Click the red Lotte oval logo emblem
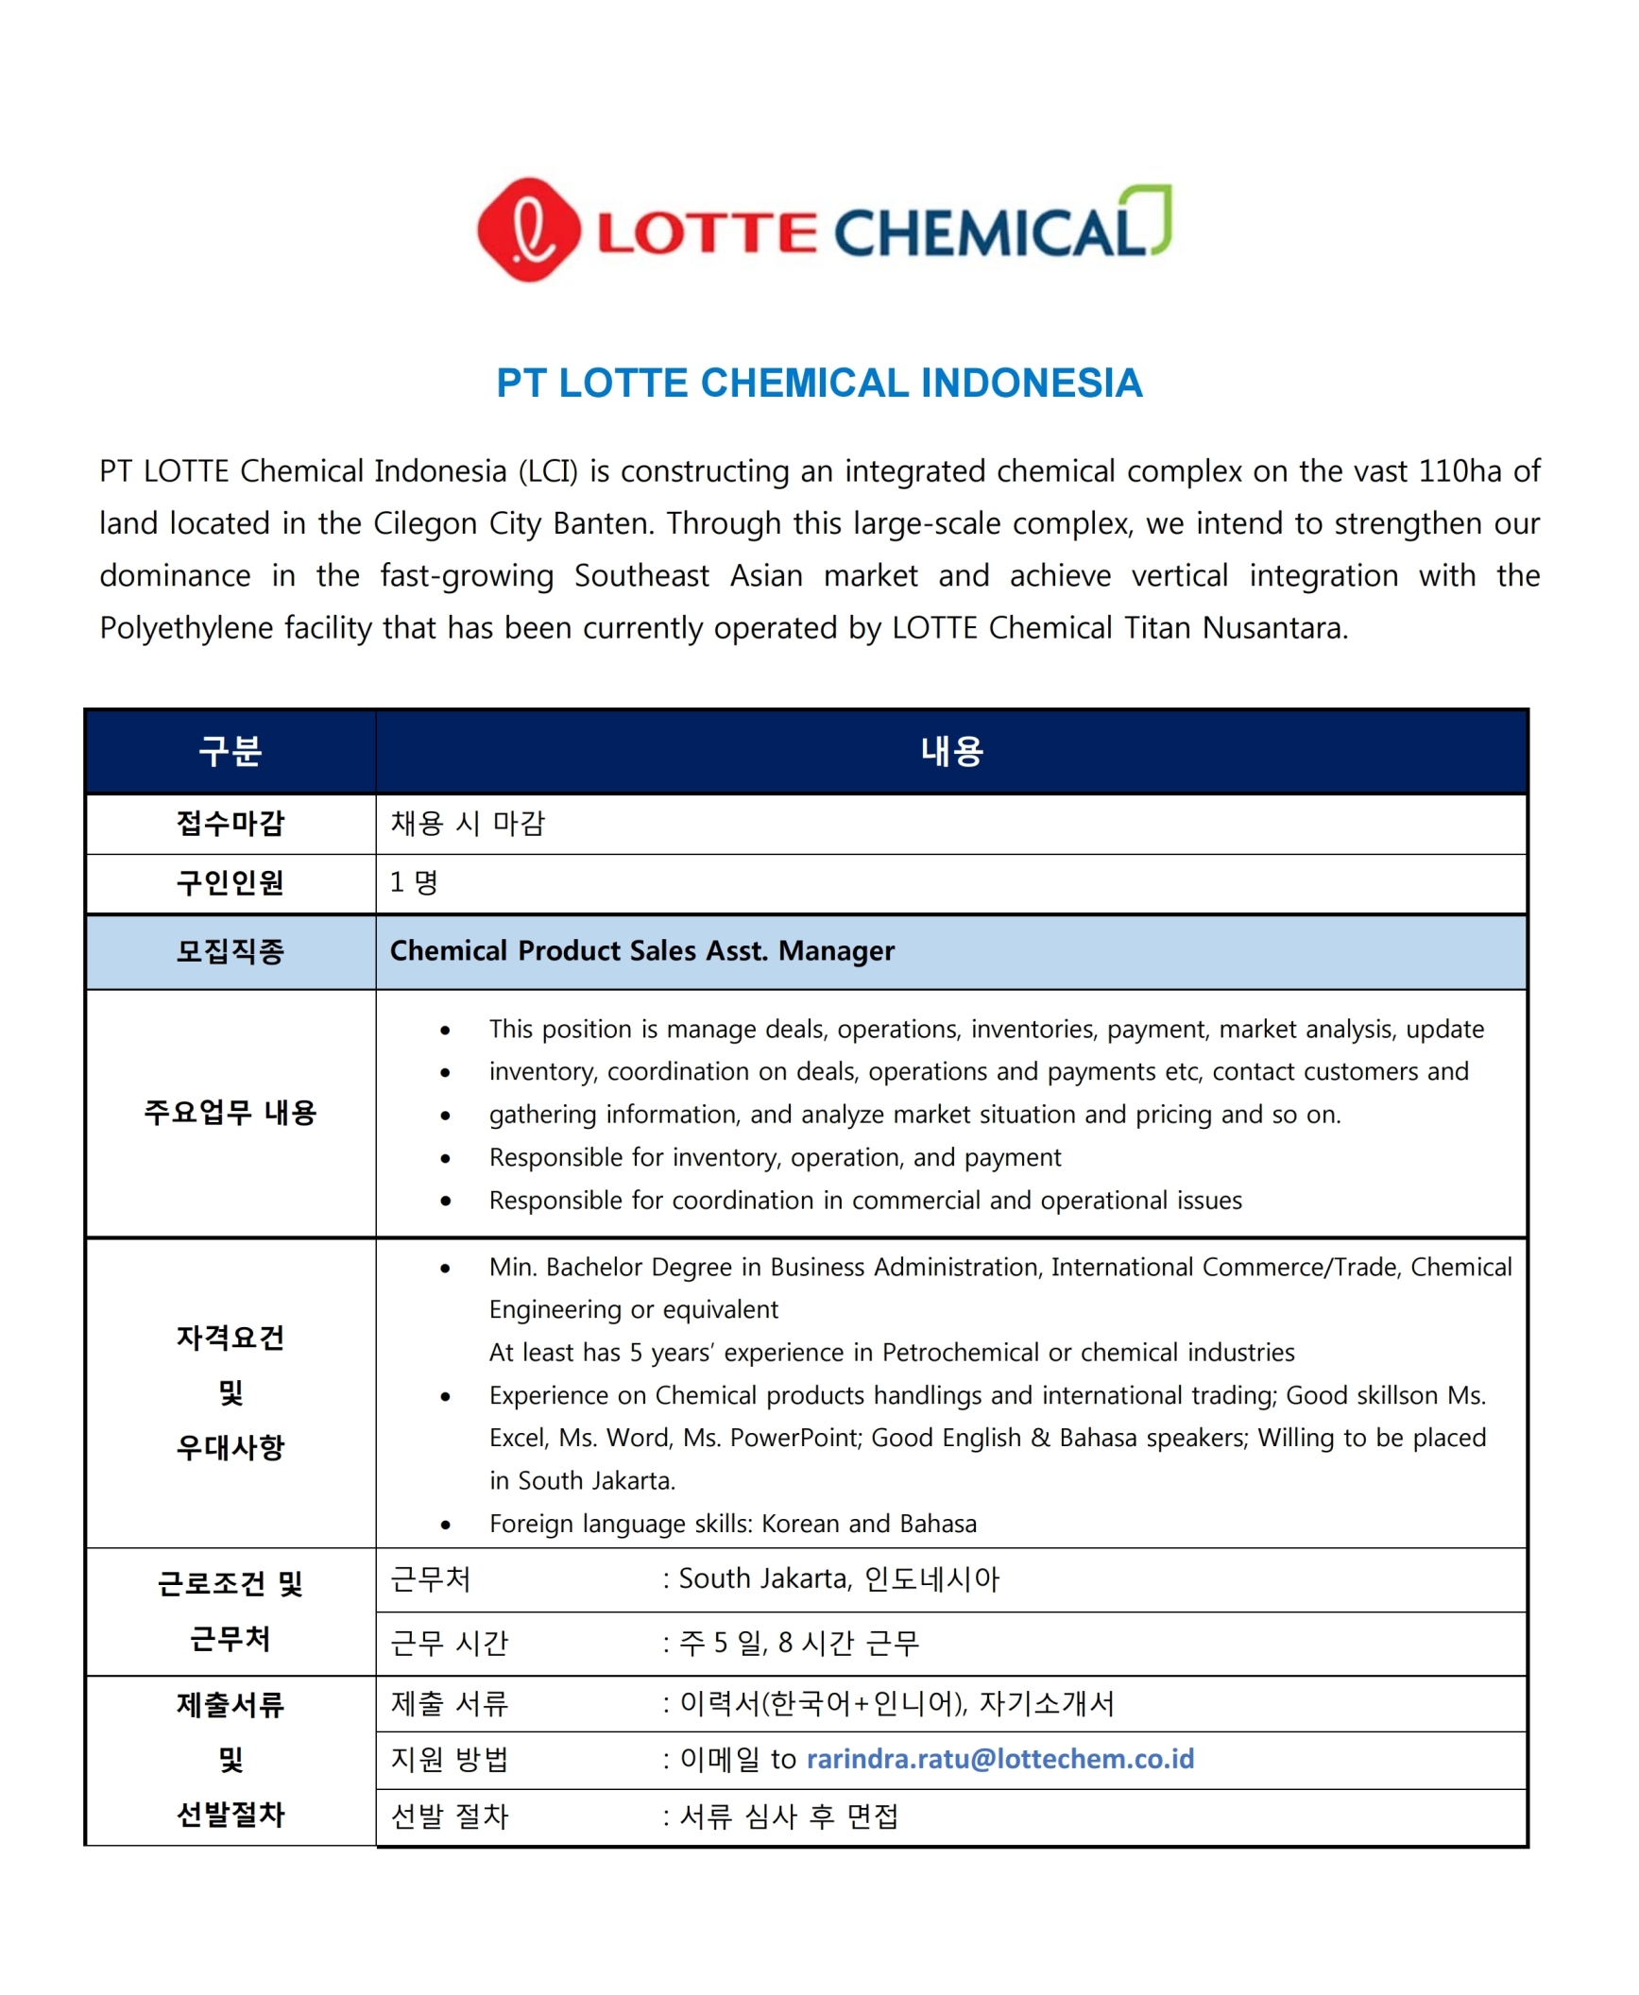point(528,230)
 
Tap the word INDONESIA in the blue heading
point(1032,384)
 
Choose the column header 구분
point(230,751)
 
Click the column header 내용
point(952,751)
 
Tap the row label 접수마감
point(230,824)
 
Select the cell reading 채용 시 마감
point(468,824)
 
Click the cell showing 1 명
point(414,882)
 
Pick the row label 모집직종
point(230,951)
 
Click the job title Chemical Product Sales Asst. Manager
point(642,951)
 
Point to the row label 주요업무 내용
point(230,1113)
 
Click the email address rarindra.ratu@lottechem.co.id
point(1000,1759)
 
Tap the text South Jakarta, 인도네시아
point(838,1579)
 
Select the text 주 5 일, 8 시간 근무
point(799,1644)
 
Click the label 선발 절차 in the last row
point(450,1816)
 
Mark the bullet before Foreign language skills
point(445,1526)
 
